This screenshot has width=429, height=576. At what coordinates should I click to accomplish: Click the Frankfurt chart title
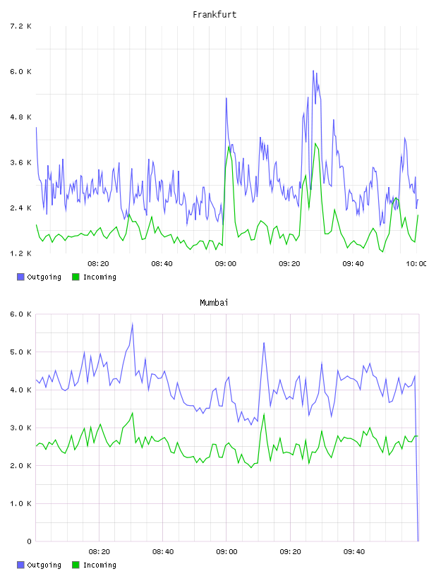click(214, 14)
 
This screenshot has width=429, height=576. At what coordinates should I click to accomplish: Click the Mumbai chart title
click(214, 302)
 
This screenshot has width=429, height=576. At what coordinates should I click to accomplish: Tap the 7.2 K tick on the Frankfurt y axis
click(20, 26)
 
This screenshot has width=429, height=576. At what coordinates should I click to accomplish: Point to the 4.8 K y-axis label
click(20, 117)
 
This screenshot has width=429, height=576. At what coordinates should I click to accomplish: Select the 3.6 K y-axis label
click(20, 163)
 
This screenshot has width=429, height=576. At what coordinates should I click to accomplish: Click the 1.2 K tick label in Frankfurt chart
click(20, 253)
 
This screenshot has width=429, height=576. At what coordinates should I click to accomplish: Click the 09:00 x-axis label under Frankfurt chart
click(226, 264)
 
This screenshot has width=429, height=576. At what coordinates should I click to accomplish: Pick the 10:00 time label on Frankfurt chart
click(416, 264)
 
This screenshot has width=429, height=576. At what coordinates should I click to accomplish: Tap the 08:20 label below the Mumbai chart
click(99, 552)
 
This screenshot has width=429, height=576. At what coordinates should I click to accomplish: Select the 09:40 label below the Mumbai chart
click(354, 552)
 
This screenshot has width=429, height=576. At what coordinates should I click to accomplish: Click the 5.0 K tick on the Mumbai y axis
click(20, 352)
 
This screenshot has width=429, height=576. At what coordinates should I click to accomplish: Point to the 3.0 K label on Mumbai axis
click(20, 428)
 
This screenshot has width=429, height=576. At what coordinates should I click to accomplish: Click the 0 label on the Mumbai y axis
click(29, 541)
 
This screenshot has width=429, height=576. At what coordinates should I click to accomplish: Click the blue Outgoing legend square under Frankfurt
click(20, 277)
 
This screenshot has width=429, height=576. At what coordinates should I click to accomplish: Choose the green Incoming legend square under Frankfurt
click(75, 277)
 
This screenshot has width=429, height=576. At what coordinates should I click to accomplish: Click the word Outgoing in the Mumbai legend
click(44, 565)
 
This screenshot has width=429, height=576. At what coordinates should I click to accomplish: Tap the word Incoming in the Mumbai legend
click(99, 565)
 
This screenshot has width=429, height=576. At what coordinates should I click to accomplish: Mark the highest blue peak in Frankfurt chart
click(313, 71)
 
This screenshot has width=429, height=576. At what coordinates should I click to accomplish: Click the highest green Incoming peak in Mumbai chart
click(132, 413)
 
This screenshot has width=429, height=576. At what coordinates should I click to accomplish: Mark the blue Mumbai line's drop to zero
click(418, 541)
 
